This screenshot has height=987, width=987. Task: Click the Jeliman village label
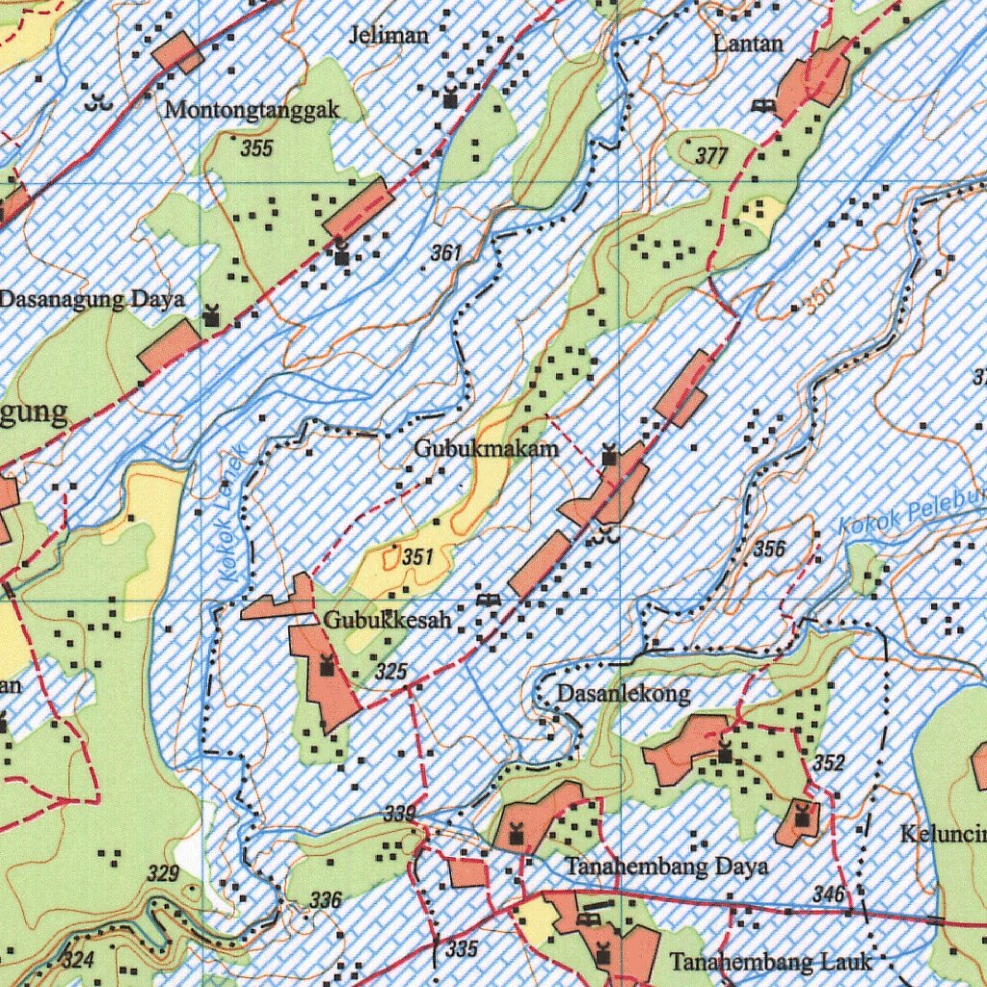(x=389, y=37)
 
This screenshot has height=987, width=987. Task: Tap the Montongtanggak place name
(x=252, y=110)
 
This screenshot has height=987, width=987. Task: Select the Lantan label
(x=748, y=43)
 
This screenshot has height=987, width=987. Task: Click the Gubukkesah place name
(x=387, y=621)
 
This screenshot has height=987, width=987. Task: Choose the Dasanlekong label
(x=624, y=694)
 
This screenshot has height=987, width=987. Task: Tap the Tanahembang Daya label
(x=666, y=867)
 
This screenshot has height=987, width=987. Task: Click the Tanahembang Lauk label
(x=770, y=961)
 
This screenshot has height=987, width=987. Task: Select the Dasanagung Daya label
(x=93, y=299)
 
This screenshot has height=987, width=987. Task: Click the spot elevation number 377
(x=711, y=156)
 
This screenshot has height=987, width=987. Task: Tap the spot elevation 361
(x=446, y=253)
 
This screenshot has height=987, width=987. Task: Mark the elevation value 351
(x=417, y=557)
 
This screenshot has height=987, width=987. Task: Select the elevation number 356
(x=769, y=549)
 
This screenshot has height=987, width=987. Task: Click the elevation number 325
(x=391, y=671)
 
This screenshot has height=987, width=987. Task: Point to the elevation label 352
(x=828, y=763)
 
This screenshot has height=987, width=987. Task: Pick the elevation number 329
(x=163, y=874)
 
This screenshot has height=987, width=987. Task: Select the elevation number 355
(x=256, y=148)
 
